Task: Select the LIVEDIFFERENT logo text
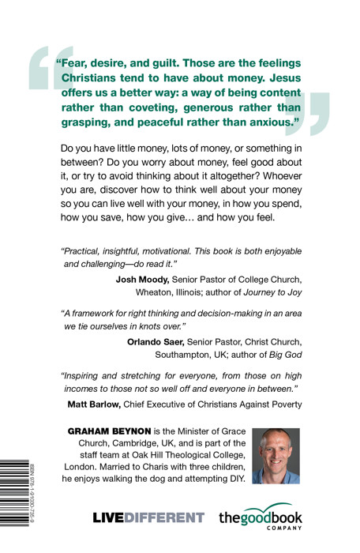tap(148, 518)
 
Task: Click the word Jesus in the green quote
tap(291, 80)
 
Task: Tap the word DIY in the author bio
tap(235, 479)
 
